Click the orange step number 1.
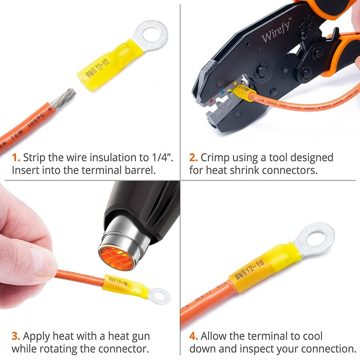click(x=15, y=157)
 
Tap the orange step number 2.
click(x=193, y=157)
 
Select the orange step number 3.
click(x=15, y=336)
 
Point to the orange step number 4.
click(x=194, y=336)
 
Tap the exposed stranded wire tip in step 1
click(x=63, y=98)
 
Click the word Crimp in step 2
click(x=215, y=157)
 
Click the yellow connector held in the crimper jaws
click(x=244, y=96)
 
